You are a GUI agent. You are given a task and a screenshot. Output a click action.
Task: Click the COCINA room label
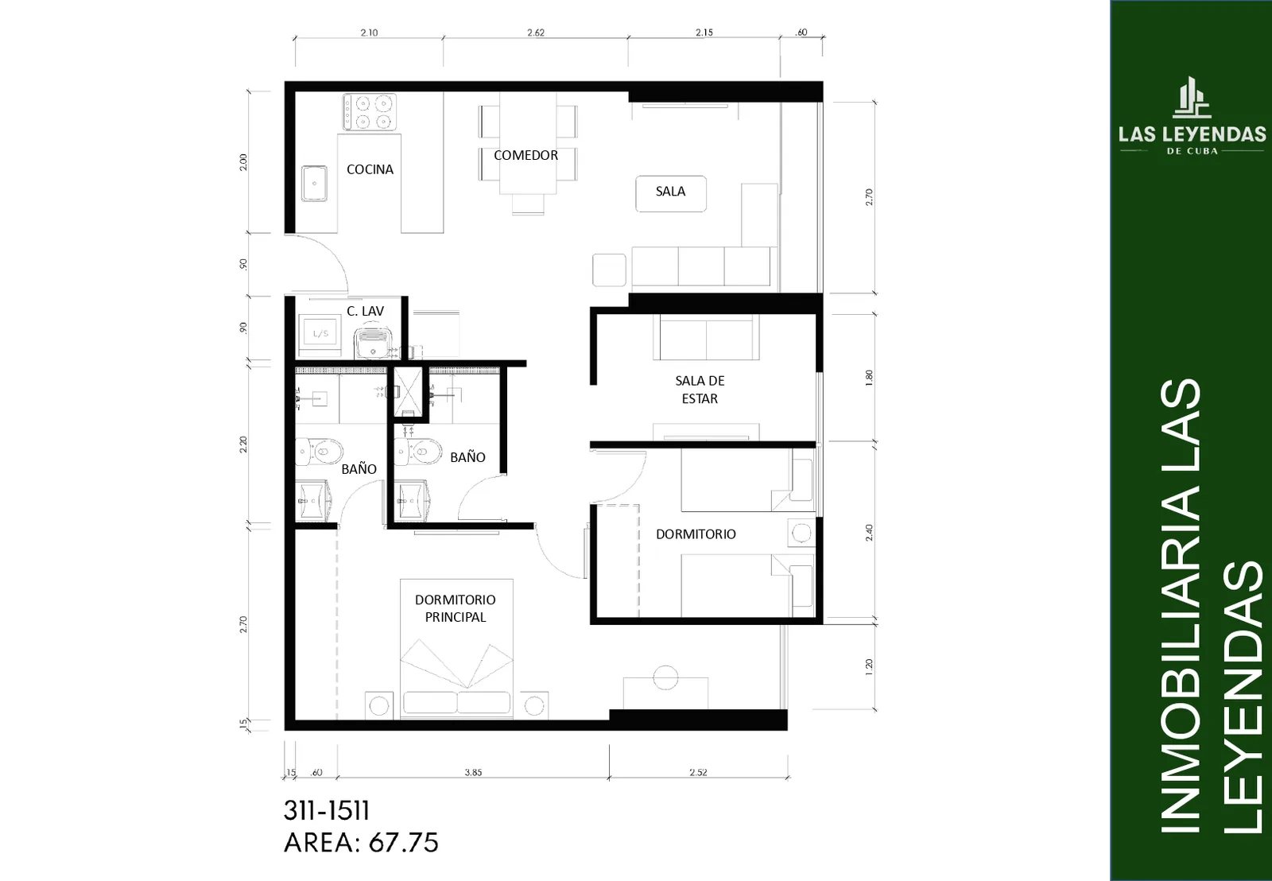click(x=370, y=169)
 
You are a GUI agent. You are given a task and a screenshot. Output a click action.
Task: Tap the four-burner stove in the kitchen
click(x=370, y=112)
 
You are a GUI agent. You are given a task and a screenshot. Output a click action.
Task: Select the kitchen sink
click(x=314, y=183)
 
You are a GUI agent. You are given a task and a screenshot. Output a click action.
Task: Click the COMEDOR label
click(x=525, y=155)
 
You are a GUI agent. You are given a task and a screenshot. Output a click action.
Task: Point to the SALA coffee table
click(x=671, y=194)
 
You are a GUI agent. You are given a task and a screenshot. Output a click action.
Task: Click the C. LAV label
click(x=365, y=311)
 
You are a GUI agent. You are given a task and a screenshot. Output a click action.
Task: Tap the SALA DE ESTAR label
click(x=700, y=390)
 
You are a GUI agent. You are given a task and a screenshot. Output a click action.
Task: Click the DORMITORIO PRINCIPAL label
click(x=455, y=608)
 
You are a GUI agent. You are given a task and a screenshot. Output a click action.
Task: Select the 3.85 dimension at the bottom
click(x=473, y=773)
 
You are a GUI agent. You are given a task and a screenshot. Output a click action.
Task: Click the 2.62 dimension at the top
click(x=536, y=33)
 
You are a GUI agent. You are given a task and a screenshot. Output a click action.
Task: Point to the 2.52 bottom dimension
click(x=698, y=773)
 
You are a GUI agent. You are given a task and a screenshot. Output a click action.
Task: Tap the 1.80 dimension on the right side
click(x=869, y=378)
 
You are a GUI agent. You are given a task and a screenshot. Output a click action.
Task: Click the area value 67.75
click(x=403, y=843)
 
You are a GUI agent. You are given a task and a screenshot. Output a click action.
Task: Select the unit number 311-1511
click(x=327, y=811)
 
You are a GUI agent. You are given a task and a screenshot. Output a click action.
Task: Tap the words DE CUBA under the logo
click(x=1192, y=151)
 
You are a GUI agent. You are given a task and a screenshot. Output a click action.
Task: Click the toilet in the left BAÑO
click(x=319, y=452)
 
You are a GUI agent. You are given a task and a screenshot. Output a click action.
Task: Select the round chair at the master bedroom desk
click(x=665, y=677)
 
